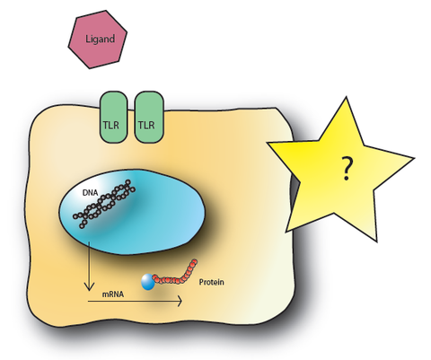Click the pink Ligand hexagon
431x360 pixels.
98,40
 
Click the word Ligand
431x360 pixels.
100,40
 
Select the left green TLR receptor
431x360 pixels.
113,117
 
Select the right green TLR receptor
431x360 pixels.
149,117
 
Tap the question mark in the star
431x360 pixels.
347,169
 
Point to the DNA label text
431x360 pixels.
90,193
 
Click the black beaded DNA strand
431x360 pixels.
104,204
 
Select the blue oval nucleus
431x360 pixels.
132,212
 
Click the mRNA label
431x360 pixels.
113,294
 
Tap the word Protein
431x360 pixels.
212,282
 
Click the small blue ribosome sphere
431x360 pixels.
148,282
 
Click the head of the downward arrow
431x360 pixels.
89,286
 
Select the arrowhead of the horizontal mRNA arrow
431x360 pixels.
180,301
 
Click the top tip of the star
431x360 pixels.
347,97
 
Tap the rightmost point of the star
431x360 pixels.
414,157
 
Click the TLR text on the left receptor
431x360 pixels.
110,125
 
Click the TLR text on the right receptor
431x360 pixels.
146,125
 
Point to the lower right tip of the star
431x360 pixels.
376,241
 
